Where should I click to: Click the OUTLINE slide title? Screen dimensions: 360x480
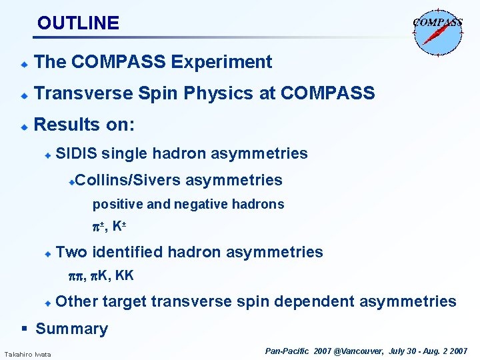tap(78, 23)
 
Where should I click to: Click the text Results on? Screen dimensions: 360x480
tap(84, 125)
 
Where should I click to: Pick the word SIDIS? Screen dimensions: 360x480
tap(77, 153)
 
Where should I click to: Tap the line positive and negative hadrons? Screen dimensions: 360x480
tap(188, 204)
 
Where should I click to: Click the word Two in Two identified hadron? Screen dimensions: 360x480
tap(72, 252)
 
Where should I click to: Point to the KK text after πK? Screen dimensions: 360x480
tap(125, 274)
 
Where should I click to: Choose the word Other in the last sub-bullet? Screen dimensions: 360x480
tap(77, 301)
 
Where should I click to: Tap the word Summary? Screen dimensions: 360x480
tap(71, 329)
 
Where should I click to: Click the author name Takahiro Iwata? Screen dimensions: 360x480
tap(27, 353)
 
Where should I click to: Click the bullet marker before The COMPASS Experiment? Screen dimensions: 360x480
tap(23, 63)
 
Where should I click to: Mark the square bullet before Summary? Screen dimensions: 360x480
tap(24, 329)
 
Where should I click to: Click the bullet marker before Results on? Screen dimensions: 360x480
tap(23, 125)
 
